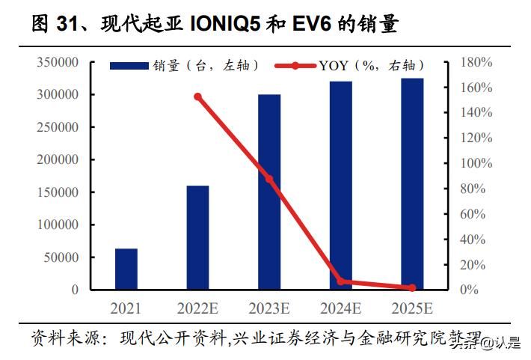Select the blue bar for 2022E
(197, 237)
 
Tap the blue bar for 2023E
(269, 192)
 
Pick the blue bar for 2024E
(341, 186)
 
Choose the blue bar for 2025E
(412, 183)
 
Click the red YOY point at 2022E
(197, 97)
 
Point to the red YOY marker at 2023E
(269, 179)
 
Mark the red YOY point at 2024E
(341, 281)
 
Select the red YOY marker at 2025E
(412, 287)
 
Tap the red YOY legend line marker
(295, 66)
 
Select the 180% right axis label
(476, 63)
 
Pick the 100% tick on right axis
(476, 163)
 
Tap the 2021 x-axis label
(126, 308)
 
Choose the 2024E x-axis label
(341, 308)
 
